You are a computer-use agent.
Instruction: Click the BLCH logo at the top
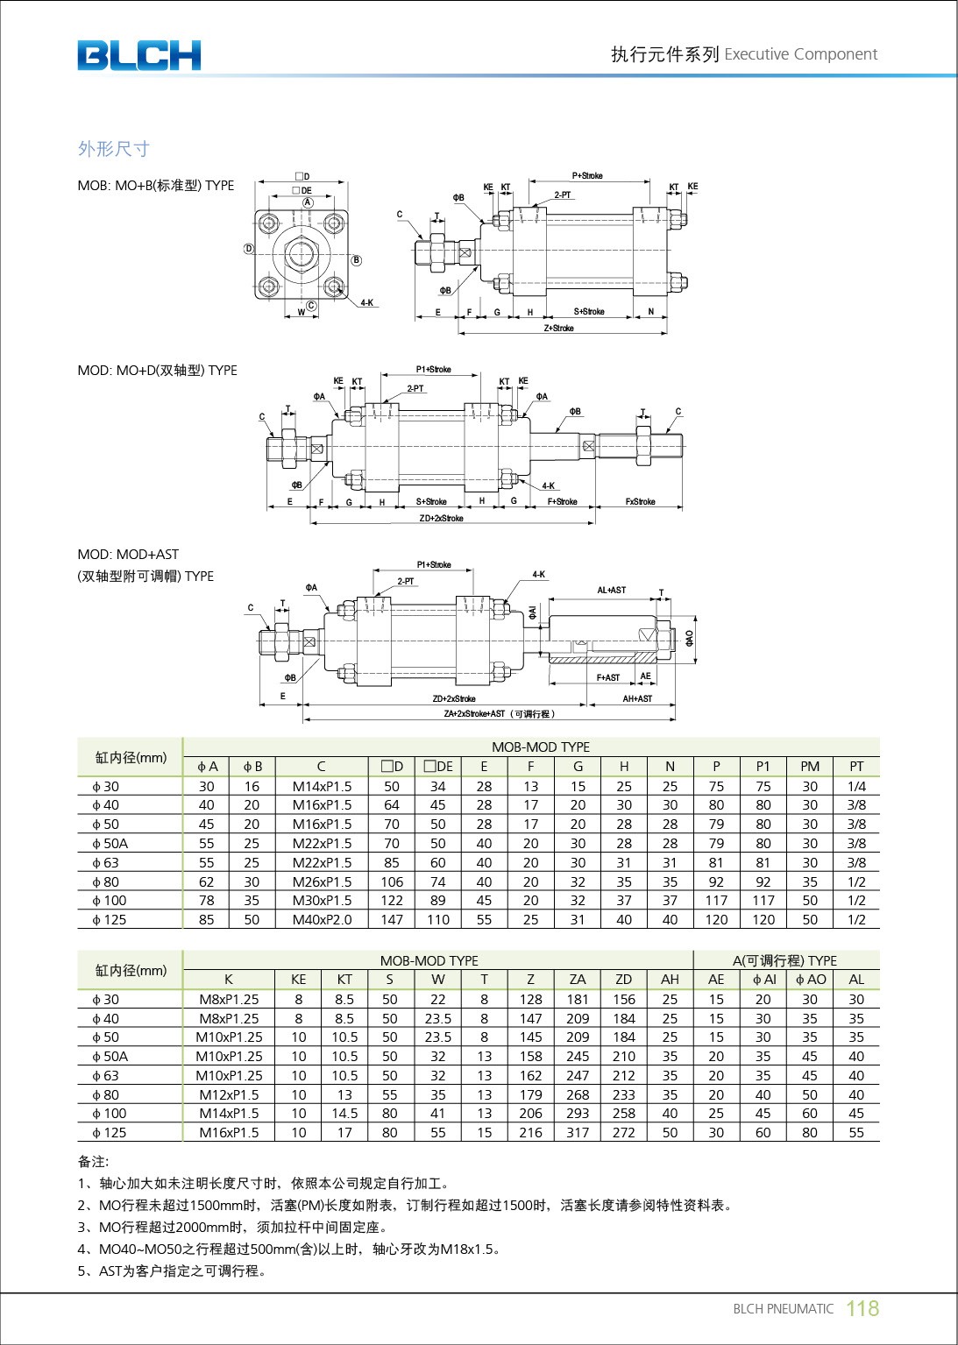(138, 55)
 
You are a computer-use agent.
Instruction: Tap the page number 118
(862, 1308)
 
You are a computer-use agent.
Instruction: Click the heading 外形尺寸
(113, 149)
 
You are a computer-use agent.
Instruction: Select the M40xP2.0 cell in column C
(322, 920)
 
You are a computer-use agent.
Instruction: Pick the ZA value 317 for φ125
(578, 1133)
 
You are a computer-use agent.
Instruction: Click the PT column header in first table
(855, 767)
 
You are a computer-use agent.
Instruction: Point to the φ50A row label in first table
(110, 844)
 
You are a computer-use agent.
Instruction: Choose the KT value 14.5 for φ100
(344, 1114)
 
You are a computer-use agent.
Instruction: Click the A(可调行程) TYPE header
(784, 960)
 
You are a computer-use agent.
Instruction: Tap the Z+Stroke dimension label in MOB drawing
(558, 329)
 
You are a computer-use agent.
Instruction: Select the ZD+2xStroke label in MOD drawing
(441, 519)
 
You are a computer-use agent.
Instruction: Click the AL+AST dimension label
(611, 591)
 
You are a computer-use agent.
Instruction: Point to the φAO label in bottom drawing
(689, 638)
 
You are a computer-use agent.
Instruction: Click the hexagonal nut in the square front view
(302, 254)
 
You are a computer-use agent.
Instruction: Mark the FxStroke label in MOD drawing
(640, 502)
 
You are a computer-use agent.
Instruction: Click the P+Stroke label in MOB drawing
(587, 176)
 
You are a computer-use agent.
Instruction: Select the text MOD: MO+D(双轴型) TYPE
(157, 371)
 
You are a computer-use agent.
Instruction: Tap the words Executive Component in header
(800, 54)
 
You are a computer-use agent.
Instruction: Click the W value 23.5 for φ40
(437, 1019)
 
